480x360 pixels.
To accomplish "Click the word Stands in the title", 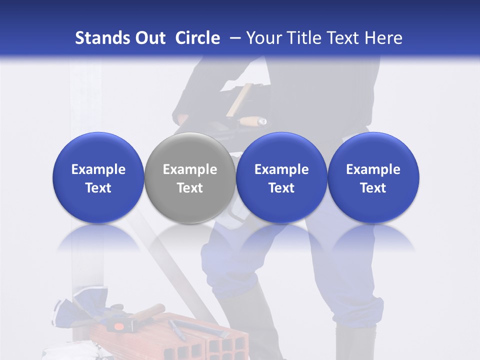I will (x=102, y=38).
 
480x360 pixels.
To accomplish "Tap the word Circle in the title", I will (x=197, y=38).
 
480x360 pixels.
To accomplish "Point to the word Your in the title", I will (x=264, y=38).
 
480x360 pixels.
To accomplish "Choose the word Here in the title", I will (x=383, y=38).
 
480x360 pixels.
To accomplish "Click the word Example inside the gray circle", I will (x=189, y=169).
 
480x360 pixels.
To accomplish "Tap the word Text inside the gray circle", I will (x=189, y=188).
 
